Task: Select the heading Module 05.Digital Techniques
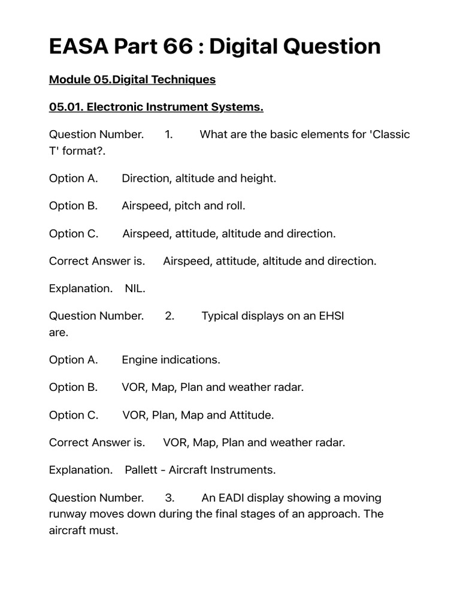click(132, 79)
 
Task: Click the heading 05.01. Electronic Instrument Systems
click(156, 107)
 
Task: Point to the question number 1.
click(169, 134)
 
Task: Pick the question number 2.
click(170, 316)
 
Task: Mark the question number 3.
click(170, 498)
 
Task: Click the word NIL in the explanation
click(134, 288)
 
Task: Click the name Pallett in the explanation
click(142, 470)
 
